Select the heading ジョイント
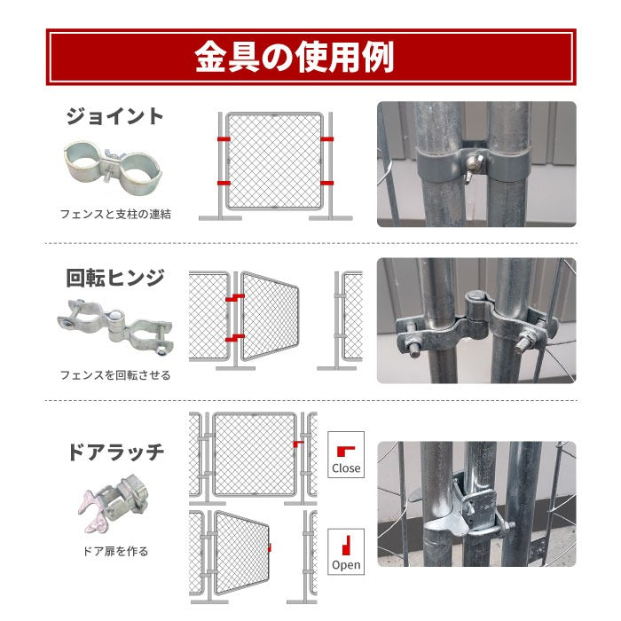coord(114,116)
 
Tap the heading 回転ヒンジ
coord(115,278)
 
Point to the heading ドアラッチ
coord(115,452)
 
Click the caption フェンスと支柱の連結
coord(115,214)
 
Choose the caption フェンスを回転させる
coord(115,374)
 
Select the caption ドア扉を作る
coord(116,551)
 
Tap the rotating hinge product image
coord(114,327)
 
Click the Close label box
coord(346,455)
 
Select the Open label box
coord(346,551)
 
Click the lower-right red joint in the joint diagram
coord(327,182)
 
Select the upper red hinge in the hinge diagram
coord(234,300)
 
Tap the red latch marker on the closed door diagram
coord(298,441)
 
